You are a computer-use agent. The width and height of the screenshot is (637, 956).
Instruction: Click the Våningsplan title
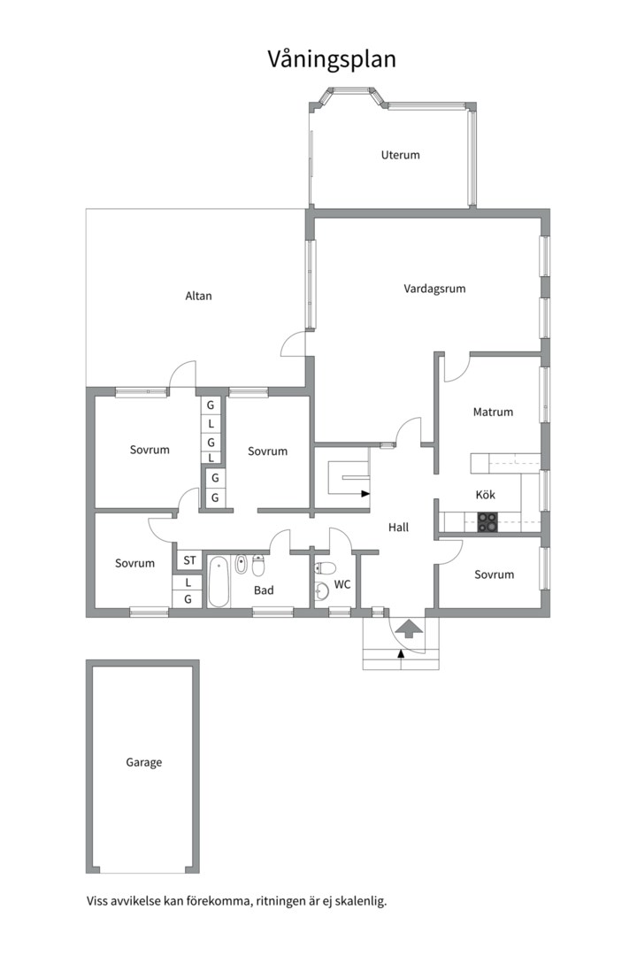point(333,60)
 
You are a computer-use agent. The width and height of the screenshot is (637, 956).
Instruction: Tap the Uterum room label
point(401,155)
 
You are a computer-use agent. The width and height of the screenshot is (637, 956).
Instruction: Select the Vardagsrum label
point(434,289)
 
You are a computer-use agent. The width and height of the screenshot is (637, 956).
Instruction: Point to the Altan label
point(199,296)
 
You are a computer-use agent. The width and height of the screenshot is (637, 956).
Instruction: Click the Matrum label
point(493,412)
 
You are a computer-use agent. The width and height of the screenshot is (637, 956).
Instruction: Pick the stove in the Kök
point(487,522)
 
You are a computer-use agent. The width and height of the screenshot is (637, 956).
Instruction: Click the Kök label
point(486,495)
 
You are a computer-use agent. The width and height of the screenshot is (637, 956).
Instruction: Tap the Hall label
point(399,528)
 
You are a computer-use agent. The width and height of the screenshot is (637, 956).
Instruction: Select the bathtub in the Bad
point(219,582)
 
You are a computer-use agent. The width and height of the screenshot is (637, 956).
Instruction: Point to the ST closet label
point(189,560)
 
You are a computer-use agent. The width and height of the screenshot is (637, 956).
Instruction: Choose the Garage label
point(144,763)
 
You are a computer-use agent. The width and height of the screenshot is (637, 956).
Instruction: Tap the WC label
point(342,585)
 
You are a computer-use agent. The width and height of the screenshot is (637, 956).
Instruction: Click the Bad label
point(264,590)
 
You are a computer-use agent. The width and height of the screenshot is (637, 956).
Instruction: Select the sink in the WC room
point(321,590)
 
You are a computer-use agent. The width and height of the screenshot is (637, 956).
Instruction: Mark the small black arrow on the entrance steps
point(401,654)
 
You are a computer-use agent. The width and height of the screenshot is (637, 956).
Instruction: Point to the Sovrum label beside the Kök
point(495,574)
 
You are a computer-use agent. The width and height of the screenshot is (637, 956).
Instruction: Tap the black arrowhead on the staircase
point(365,494)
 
